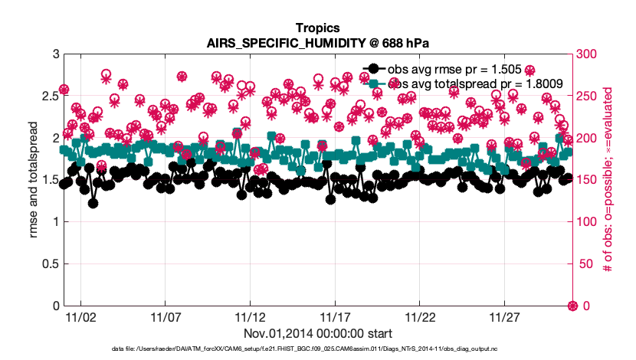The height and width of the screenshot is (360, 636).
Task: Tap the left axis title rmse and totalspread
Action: (x=34, y=180)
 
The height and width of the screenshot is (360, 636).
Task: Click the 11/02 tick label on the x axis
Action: (x=80, y=316)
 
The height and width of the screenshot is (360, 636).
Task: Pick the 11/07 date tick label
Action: (x=165, y=316)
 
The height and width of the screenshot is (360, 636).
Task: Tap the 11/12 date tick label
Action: (x=250, y=316)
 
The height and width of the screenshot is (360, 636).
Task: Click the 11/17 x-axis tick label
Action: (x=335, y=316)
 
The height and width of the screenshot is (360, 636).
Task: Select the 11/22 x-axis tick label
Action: (x=420, y=316)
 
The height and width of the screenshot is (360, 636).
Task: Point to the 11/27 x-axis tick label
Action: (x=504, y=316)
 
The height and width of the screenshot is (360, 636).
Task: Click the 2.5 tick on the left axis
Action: (x=49, y=96)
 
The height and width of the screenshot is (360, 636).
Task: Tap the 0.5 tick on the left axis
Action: (x=49, y=264)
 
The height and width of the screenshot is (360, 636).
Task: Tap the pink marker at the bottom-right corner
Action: (x=572, y=306)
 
